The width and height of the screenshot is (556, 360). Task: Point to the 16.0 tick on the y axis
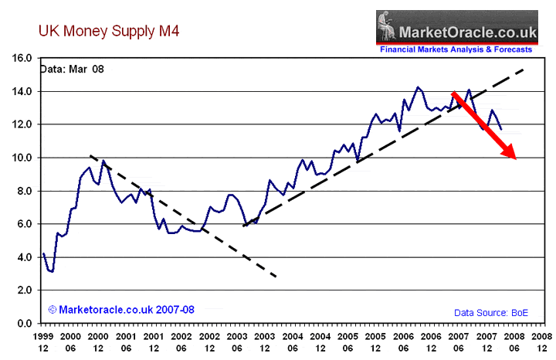(21, 58)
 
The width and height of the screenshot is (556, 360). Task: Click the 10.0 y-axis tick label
(21, 158)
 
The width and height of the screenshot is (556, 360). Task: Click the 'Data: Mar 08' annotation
(72, 69)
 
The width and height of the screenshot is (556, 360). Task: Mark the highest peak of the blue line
(418, 87)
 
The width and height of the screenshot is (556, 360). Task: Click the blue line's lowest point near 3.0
(52, 272)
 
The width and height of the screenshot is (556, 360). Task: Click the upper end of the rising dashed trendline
(526, 69)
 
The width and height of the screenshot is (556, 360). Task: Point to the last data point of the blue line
(501, 129)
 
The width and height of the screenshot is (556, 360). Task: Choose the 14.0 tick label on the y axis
(21, 91)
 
